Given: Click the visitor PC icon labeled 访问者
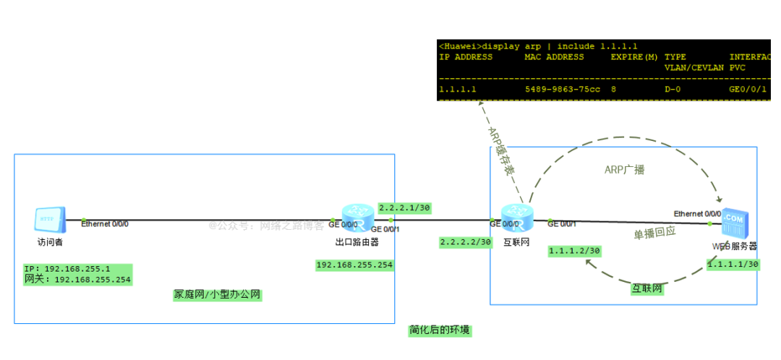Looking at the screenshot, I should [x=50, y=218].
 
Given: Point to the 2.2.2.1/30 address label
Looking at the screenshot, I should [x=404, y=207].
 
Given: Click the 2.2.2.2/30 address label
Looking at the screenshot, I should [x=466, y=242].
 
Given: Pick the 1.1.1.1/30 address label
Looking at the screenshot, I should [x=733, y=265].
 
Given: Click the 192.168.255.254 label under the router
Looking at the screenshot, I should [x=354, y=265].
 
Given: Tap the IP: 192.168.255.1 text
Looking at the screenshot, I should [x=67, y=268].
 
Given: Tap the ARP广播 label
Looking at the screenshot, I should [x=624, y=170].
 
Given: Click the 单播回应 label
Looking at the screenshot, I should [x=654, y=233].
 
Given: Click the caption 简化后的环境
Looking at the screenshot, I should [x=439, y=330].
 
